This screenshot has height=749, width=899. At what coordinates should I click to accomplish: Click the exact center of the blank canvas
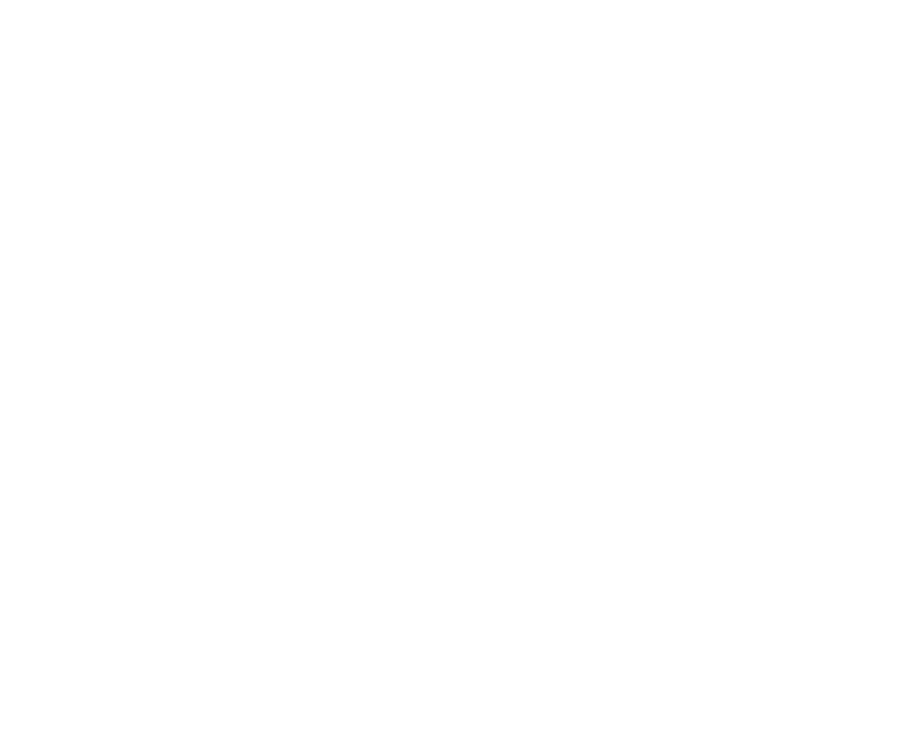click(449, 374)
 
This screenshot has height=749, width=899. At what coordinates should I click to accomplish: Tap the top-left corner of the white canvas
click(0, 0)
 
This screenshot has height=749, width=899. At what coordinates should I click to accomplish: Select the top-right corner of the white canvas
click(898, 0)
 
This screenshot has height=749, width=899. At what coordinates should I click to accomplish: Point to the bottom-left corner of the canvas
click(0, 748)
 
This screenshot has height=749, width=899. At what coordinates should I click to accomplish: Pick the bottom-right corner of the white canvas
click(898, 748)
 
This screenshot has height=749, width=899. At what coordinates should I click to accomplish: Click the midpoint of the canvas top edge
click(449, 0)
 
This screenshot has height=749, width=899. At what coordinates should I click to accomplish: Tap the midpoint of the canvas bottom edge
click(449, 748)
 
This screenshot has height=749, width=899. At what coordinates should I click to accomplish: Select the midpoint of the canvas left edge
click(0, 374)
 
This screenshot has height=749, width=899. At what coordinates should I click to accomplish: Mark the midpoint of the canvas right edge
click(898, 374)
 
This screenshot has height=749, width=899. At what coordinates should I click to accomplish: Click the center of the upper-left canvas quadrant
click(225, 187)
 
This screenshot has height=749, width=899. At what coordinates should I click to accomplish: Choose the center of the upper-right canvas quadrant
click(674, 187)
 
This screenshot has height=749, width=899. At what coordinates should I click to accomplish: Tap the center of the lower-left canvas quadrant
click(225, 562)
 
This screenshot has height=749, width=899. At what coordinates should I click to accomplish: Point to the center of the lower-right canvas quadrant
click(674, 562)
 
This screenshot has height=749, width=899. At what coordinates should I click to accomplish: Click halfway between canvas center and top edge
click(449, 187)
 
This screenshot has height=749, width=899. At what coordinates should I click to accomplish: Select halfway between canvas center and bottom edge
click(449, 562)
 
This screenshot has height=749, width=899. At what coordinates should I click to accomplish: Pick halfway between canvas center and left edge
click(225, 374)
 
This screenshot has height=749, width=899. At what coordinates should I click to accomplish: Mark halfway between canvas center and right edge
click(674, 374)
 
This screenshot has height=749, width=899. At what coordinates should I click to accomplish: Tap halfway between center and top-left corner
click(225, 187)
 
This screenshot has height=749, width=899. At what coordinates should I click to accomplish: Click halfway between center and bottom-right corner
click(674, 562)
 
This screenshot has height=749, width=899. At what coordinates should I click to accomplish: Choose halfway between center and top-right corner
click(674, 187)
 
